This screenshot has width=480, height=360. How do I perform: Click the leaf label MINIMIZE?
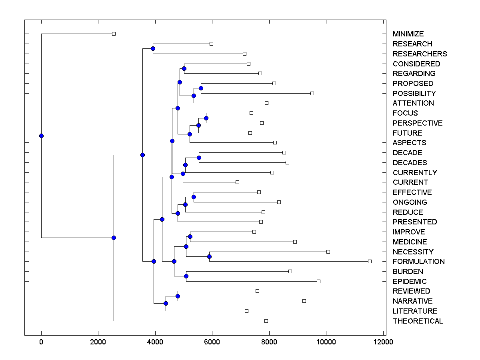[x=408, y=34]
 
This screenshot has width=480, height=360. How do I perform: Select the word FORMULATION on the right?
[x=418, y=262]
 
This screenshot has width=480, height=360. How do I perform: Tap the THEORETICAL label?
[x=418, y=321]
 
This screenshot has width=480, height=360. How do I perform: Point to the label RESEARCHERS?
[x=420, y=54]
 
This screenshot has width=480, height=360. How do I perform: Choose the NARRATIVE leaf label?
[x=412, y=301]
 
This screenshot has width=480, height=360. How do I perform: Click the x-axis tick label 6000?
[x=212, y=342]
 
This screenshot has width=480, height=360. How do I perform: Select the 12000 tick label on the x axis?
[x=383, y=342]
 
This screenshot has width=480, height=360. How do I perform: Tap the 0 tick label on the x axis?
[x=41, y=342]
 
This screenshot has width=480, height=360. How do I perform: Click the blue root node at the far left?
[x=41, y=136]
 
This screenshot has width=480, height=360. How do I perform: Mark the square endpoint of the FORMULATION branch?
[x=370, y=261]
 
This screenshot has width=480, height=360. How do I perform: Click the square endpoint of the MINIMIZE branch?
[x=114, y=34]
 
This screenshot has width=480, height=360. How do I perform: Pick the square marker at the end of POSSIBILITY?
[x=312, y=93]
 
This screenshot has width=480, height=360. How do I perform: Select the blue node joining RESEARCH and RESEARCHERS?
[x=153, y=48]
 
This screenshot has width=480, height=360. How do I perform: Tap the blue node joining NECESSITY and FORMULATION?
[x=209, y=256]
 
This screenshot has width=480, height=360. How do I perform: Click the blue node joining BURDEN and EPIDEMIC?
[x=186, y=276]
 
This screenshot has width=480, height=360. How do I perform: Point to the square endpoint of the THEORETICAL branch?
[x=266, y=321]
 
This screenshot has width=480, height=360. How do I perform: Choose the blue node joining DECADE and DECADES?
[x=199, y=158]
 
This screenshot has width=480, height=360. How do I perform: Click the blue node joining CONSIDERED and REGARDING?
[x=184, y=68]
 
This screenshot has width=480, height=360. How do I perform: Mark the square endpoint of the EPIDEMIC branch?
[x=318, y=281]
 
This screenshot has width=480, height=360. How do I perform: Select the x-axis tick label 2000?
[x=98, y=342]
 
